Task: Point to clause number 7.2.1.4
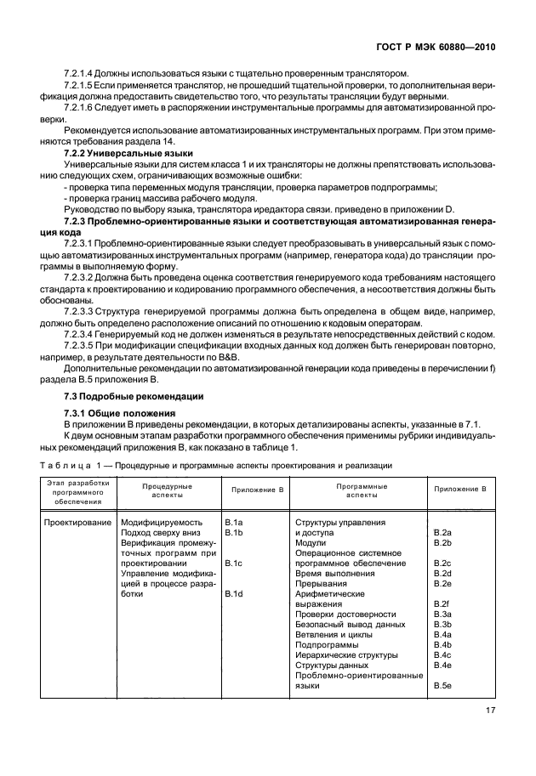coord(79,72)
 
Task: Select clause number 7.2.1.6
coord(79,107)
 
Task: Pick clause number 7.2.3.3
coord(79,310)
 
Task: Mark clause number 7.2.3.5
coord(79,345)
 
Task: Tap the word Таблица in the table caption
coord(66,465)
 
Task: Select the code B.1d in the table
coord(233,593)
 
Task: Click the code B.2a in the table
coord(442,532)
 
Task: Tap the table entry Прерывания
coord(325,583)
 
